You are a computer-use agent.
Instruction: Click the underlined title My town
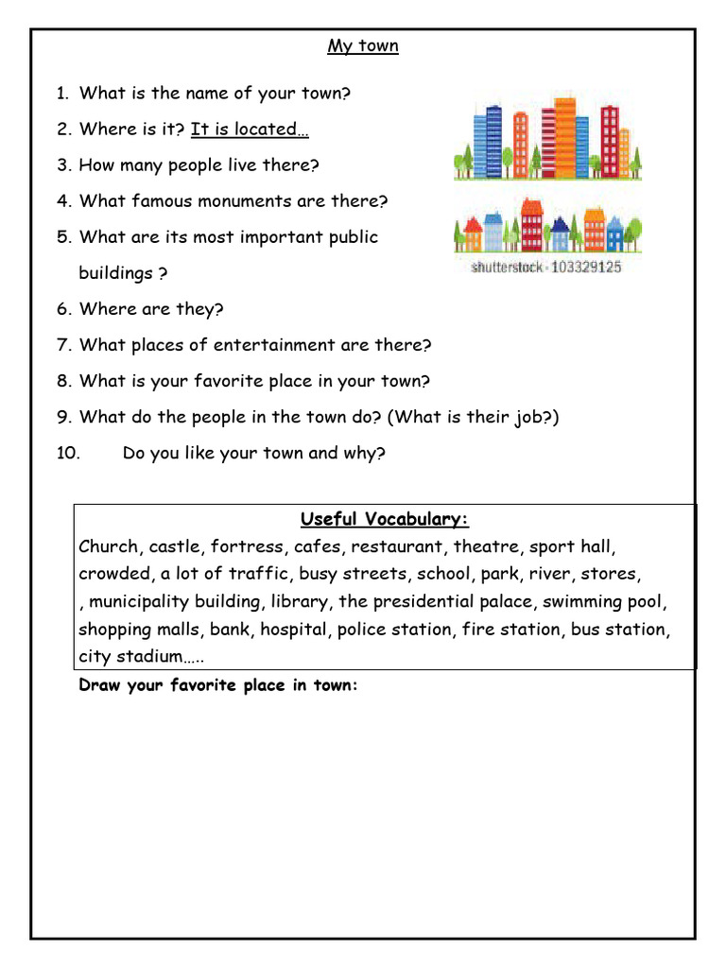(x=363, y=46)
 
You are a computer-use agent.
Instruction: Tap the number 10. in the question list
(x=69, y=453)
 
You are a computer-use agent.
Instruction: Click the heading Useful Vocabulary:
(x=385, y=520)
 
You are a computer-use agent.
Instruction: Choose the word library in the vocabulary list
(x=300, y=601)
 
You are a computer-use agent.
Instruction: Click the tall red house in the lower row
(x=531, y=228)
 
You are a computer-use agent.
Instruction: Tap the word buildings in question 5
(x=115, y=273)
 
